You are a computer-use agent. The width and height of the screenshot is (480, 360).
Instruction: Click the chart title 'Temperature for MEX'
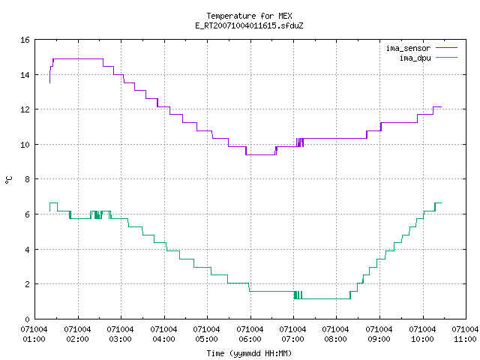(249, 16)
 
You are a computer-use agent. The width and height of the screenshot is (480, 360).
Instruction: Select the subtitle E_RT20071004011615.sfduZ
(249, 25)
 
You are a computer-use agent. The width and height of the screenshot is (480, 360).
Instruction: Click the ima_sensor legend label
(408, 48)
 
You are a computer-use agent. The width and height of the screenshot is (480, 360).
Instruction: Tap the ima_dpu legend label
(415, 58)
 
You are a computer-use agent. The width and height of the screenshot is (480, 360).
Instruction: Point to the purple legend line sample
(446, 48)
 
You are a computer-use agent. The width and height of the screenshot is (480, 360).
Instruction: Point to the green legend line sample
(446, 58)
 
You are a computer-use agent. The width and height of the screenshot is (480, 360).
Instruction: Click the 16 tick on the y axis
(25, 40)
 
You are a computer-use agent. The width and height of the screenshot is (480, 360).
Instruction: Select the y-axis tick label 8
(27, 179)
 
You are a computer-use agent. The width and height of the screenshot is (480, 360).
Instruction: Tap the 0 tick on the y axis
(27, 319)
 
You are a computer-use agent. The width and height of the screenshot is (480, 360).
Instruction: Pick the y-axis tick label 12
(25, 109)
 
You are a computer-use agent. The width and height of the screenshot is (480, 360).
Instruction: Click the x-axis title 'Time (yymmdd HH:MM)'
(249, 353)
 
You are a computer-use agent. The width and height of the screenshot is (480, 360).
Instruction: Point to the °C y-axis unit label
(8, 180)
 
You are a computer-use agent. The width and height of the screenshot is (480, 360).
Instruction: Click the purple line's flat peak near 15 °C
(78, 58)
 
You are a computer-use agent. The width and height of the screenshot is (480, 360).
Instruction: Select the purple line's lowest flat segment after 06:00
(260, 154)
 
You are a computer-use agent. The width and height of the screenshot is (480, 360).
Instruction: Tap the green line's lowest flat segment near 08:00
(326, 298)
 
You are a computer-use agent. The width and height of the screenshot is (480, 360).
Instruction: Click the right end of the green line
(441, 202)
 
